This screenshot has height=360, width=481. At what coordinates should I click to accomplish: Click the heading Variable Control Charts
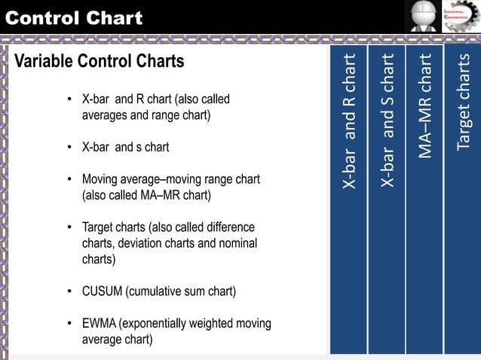tap(99, 61)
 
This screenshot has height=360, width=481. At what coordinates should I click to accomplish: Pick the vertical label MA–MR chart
tap(425, 105)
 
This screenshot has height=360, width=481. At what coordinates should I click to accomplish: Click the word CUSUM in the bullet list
tap(102, 291)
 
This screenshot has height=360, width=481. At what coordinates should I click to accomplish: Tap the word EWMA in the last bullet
tap(98, 324)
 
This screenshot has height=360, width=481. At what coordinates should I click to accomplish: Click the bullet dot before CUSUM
tap(69, 291)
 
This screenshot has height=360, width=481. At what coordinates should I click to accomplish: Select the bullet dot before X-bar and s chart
tap(69, 148)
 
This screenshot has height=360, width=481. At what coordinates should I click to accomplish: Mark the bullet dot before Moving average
tap(69, 180)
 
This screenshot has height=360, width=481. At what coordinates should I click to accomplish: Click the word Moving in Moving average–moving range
tap(100, 180)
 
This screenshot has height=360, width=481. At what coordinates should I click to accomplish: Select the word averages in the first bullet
tap(104, 116)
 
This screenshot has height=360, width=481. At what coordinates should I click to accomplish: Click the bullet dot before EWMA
tap(69, 324)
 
